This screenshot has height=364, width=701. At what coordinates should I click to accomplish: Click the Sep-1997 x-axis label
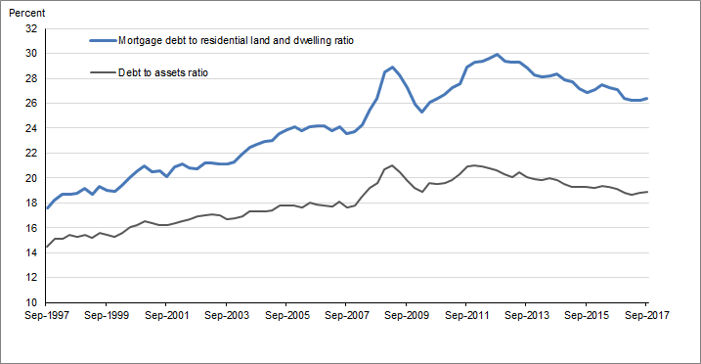[47, 316]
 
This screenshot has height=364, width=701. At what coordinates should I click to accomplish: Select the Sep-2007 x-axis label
[345, 316]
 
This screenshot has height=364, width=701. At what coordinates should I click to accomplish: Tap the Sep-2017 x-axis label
[645, 316]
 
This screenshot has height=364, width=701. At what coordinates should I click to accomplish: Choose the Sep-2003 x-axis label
[227, 316]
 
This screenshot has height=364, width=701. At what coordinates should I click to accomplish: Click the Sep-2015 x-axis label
[585, 316]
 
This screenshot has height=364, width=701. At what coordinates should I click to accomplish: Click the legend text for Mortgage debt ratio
[236, 41]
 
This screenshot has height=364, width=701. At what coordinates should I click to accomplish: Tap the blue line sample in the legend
[102, 41]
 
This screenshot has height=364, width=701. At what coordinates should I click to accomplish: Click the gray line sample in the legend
[102, 71]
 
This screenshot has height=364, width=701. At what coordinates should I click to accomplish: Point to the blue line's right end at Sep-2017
[646, 98]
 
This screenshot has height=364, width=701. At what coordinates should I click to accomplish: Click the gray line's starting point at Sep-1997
[47, 247]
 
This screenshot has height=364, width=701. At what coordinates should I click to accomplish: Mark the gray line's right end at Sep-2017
[646, 192]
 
